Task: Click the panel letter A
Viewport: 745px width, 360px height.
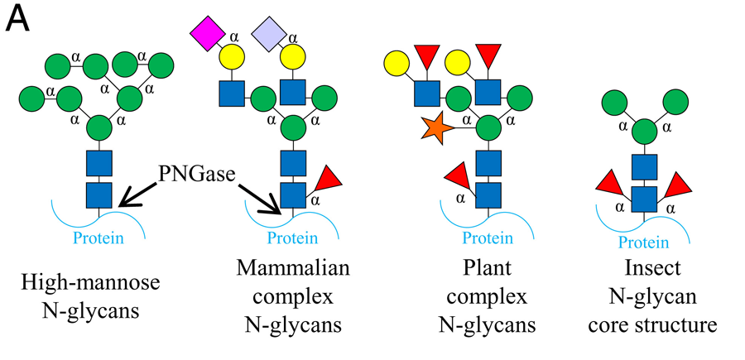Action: (19, 19)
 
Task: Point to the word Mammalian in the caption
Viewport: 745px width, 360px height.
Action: (293, 270)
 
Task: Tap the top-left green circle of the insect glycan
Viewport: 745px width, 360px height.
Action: (616, 103)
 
